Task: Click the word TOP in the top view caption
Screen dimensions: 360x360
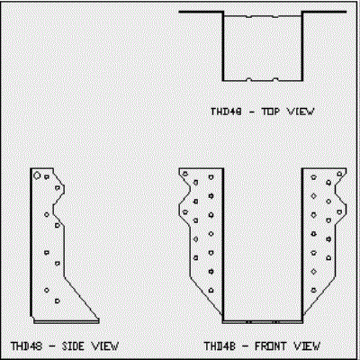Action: click(271, 112)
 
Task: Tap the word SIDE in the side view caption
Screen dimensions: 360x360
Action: click(73, 346)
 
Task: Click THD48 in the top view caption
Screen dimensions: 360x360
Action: click(226, 112)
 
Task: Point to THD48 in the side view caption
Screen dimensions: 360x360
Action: click(26, 346)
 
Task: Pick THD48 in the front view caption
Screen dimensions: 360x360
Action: click(220, 346)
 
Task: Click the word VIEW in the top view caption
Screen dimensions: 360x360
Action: click(301, 112)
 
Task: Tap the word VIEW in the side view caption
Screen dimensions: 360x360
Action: click(105, 346)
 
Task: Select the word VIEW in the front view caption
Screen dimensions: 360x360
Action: click(307, 346)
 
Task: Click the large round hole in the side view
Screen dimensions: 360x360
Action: click(37, 175)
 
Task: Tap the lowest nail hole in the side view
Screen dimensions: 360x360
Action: click(58, 301)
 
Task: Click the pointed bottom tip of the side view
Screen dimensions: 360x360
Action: click(99, 319)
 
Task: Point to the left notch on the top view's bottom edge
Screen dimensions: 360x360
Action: click(248, 79)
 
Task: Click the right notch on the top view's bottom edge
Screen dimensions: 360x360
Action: click(275, 79)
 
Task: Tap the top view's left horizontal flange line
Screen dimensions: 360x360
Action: click(201, 12)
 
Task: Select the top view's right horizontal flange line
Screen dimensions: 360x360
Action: click(324, 12)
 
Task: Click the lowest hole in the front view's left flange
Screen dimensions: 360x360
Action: click(211, 291)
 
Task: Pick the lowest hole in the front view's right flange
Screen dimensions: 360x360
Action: click(314, 290)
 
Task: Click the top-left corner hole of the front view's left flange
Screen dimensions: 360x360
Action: click(185, 174)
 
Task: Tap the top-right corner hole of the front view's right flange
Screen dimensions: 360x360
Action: click(339, 174)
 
